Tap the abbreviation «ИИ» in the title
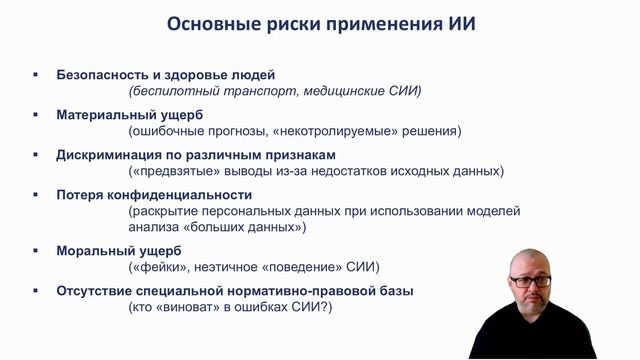pyautogui.click(x=461, y=23)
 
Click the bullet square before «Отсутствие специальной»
pyautogui.click(x=35, y=291)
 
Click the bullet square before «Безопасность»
pyautogui.click(x=35, y=75)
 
